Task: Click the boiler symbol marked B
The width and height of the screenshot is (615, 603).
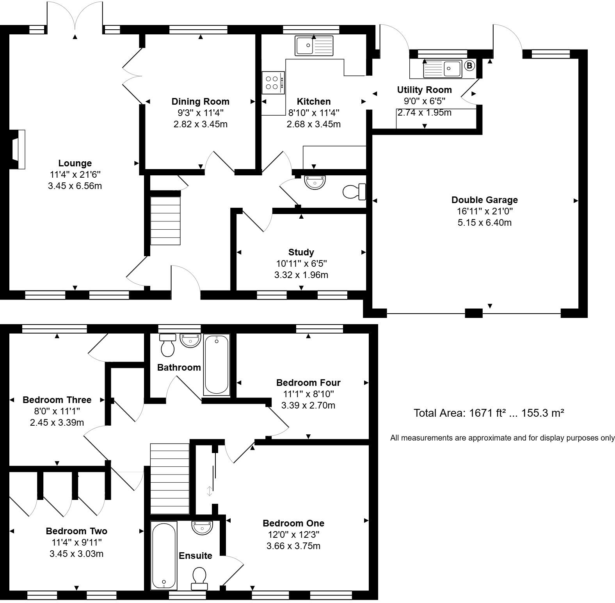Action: [469, 66]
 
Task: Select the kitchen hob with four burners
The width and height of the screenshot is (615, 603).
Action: [273, 82]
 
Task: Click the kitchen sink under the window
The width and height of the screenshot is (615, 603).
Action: [314, 46]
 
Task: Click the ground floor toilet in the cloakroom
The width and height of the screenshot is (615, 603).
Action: [354, 192]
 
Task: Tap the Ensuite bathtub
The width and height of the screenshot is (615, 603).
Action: [164, 555]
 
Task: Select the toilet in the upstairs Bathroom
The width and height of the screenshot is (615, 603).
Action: [168, 345]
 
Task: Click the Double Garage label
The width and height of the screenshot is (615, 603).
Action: [484, 200]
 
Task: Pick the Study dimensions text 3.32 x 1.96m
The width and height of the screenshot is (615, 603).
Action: [301, 275]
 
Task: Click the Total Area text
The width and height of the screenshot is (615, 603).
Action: [489, 413]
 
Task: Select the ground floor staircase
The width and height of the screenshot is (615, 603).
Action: [165, 221]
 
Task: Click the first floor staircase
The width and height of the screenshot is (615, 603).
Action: [170, 478]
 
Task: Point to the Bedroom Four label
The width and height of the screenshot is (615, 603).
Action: [308, 383]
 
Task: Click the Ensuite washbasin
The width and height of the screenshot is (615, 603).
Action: [202, 528]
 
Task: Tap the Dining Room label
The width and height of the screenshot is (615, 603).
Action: [200, 102]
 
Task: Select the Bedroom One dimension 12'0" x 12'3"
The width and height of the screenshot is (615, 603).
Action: [293, 535]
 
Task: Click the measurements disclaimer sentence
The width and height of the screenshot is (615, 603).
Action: [502, 438]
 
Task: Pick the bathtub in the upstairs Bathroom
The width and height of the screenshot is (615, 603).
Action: [217, 364]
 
